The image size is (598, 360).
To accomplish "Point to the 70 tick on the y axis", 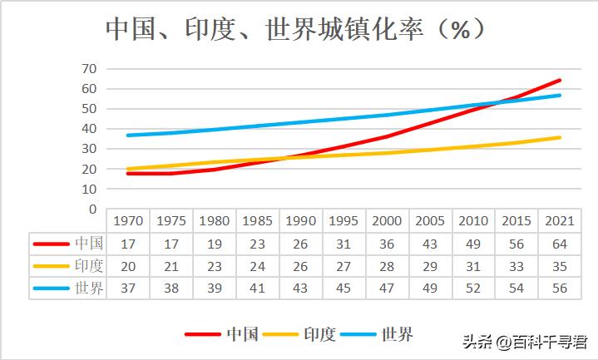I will click(90, 69).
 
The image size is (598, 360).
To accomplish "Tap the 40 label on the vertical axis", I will click(90, 129).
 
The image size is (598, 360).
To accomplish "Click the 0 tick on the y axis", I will click(93, 209).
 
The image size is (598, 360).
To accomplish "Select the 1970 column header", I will click(128, 221).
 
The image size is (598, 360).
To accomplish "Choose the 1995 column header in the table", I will click(343, 221).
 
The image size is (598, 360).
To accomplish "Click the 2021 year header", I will click(559, 221).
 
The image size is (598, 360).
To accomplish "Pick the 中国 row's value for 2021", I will click(559, 244).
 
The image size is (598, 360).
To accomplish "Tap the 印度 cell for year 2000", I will click(387, 266).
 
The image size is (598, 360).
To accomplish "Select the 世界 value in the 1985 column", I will click(257, 288).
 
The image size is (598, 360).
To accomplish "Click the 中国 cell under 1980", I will click(214, 244).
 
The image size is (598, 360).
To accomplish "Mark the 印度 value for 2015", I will click(516, 266).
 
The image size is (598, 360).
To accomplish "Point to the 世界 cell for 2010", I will click(472, 288).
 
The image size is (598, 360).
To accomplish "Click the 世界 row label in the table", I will click(89, 288).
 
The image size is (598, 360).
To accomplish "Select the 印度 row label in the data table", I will click(89, 266).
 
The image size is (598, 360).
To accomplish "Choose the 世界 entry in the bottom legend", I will click(398, 335).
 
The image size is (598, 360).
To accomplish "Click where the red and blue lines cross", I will click(497, 103).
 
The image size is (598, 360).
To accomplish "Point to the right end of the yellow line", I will click(560, 137).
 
